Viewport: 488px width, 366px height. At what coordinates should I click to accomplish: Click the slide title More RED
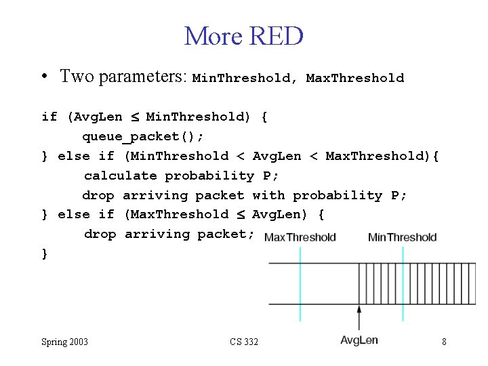(x=243, y=36)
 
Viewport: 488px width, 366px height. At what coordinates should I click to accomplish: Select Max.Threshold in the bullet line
(x=354, y=78)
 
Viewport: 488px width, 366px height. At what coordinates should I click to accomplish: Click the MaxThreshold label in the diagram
(x=300, y=237)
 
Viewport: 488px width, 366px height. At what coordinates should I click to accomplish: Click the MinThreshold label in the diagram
(x=402, y=237)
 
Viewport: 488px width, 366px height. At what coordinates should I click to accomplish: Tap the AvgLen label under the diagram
(x=359, y=340)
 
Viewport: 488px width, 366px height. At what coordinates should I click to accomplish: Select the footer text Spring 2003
(x=64, y=342)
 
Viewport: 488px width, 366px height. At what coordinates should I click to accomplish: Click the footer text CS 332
(x=243, y=342)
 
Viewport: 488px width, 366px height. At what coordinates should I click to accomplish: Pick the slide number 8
(x=444, y=342)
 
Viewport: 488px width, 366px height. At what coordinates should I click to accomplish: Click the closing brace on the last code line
(x=45, y=253)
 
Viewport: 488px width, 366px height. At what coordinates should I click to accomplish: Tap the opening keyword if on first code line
(x=49, y=117)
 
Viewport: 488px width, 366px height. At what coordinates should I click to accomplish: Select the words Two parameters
(x=122, y=77)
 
